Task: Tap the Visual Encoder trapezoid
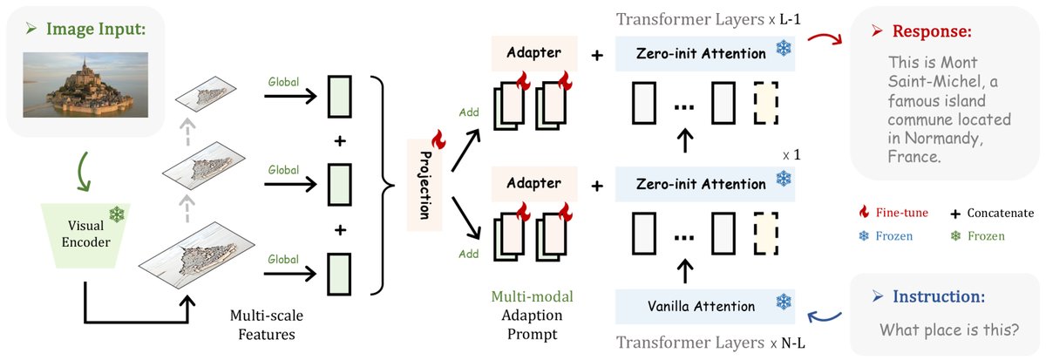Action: pos(84,234)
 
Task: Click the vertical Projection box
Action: pos(423,186)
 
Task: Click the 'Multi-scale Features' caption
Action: pos(266,322)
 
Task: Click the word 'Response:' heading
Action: pos(929,31)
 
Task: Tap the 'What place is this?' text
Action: pos(937,330)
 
